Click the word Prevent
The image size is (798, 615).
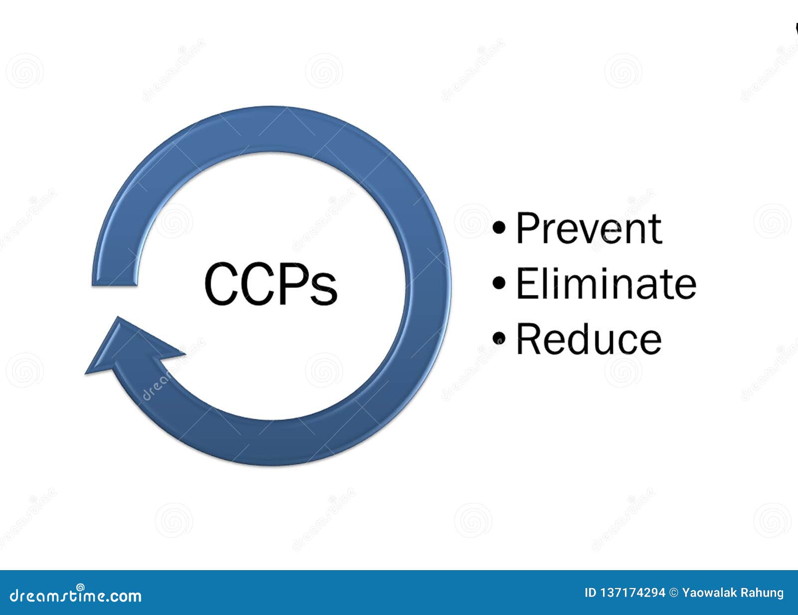point(589,228)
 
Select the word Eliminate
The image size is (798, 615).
point(605,284)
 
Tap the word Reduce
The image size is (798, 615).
point(589,339)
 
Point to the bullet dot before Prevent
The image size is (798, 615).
point(499,228)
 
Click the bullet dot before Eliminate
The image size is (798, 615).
point(499,283)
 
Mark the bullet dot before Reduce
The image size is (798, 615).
point(499,339)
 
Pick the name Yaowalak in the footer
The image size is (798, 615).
point(706,593)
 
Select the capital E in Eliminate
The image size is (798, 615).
point(526,284)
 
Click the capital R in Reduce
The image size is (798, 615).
point(528,339)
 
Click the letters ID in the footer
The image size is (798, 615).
point(590,593)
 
